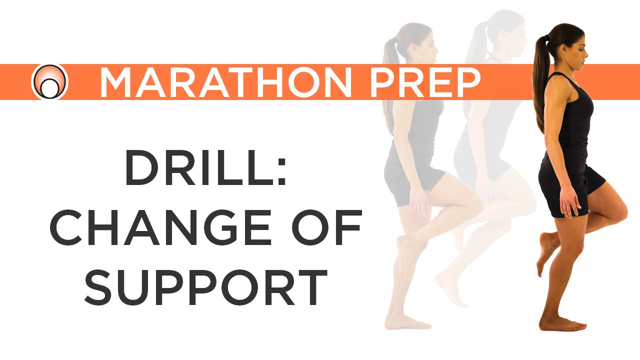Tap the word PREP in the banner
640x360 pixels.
[x=424, y=82]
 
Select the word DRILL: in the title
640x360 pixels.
[x=205, y=168]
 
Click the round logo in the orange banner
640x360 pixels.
[x=49, y=82]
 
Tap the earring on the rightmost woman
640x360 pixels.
[x=564, y=51]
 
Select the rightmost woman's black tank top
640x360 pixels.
[x=572, y=125]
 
